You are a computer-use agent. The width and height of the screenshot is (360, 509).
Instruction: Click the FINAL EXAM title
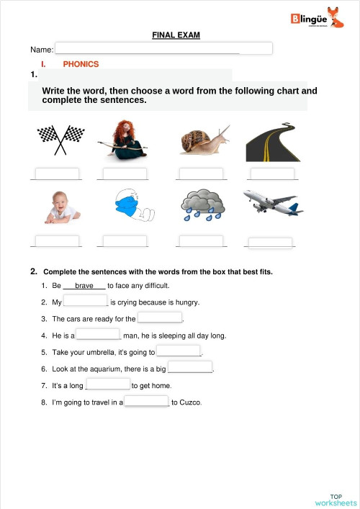coord(176,35)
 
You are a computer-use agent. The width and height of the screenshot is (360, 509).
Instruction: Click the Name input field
coord(163,48)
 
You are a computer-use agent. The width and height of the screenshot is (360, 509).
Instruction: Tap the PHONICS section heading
coord(81,64)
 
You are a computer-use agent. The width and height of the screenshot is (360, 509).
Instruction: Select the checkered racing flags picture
coord(60,139)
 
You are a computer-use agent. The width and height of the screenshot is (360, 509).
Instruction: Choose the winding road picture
coord(271,141)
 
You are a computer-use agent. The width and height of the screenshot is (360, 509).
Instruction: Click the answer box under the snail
coord(201,174)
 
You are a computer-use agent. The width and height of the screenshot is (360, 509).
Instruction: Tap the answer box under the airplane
coord(270,243)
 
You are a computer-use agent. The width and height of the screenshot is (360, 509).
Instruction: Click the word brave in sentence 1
coord(85,286)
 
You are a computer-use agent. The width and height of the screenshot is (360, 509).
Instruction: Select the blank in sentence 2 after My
coord(86,302)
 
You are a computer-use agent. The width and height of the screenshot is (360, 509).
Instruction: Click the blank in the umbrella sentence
coord(179,351)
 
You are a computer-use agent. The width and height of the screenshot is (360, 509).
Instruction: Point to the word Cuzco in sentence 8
coord(191,402)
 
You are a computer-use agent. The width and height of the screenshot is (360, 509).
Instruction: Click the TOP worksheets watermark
coord(336,499)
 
